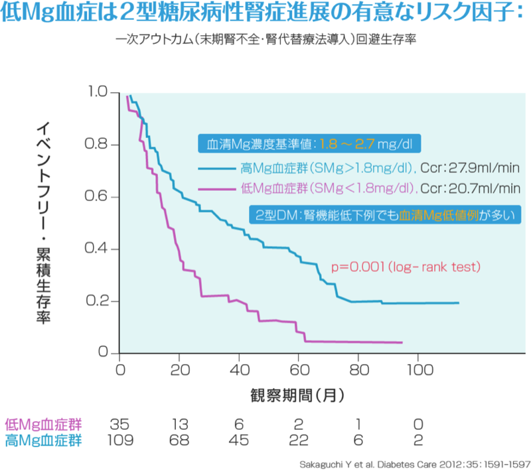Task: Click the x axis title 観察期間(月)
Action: click(x=297, y=396)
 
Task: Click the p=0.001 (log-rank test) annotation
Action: click(x=406, y=267)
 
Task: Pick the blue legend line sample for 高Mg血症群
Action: click(x=216, y=168)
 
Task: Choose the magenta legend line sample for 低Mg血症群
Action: click(x=216, y=189)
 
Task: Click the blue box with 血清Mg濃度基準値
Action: click(x=309, y=144)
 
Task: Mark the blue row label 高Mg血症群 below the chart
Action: click(x=42, y=440)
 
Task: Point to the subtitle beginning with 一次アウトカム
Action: click(x=265, y=39)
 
